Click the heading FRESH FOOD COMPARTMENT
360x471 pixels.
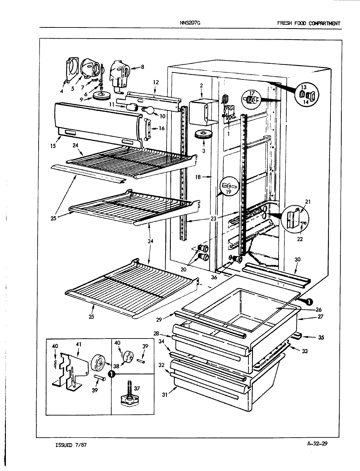[308, 23]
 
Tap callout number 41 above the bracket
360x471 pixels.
[79, 344]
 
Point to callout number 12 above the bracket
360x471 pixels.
[155, 82]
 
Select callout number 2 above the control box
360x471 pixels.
[201, 86]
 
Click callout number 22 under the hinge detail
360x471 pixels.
[300, 239]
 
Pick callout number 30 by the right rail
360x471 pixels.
[297, 259]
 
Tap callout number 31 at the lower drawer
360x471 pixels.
[165, 395]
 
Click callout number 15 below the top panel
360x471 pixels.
[53, 146]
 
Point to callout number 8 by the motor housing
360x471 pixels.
[142, 67]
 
